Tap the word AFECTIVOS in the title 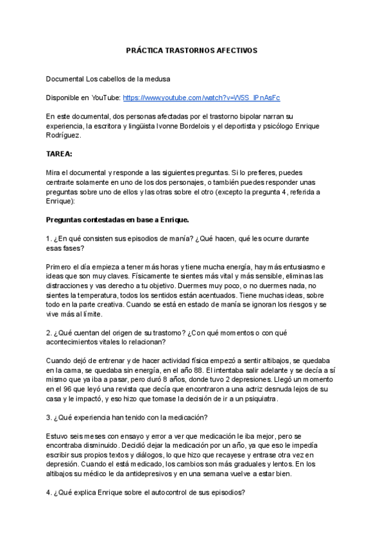pos(237,49)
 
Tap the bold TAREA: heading pos(60,154)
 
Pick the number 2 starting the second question pos(48,332)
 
